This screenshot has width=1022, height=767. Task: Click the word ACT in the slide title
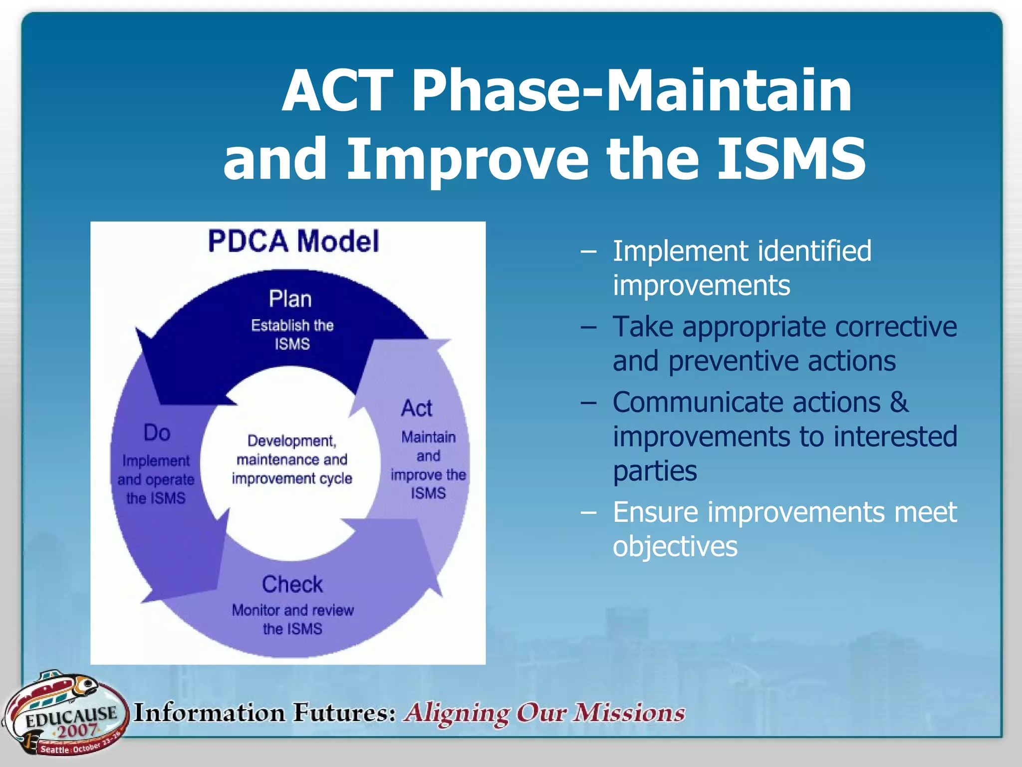coord(338,91)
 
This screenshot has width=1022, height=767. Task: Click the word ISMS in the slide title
coord(791,159)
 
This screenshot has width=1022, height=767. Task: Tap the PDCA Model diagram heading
coord(293,241)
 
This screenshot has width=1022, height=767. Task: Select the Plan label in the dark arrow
coord(290,299)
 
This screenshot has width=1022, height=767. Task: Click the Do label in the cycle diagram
coord(157,432)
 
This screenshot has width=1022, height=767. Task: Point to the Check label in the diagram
coord(292,584)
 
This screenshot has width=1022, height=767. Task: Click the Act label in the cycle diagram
coord(417,408)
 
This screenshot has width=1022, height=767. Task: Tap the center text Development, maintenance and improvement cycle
coord(292,459)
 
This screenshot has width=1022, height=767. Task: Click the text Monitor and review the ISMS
coord(292,619)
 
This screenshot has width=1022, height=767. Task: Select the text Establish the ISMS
coord(292,335)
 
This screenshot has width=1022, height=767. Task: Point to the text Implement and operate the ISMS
coord(156,479)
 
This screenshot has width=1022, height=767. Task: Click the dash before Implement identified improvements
coord(588,251)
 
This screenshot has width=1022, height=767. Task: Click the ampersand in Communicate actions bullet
coord(899,402)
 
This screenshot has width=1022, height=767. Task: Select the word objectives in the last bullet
coord(675,546)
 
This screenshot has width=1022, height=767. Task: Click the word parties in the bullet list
coord(655,471)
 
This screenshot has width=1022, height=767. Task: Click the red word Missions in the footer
coord(629,713)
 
